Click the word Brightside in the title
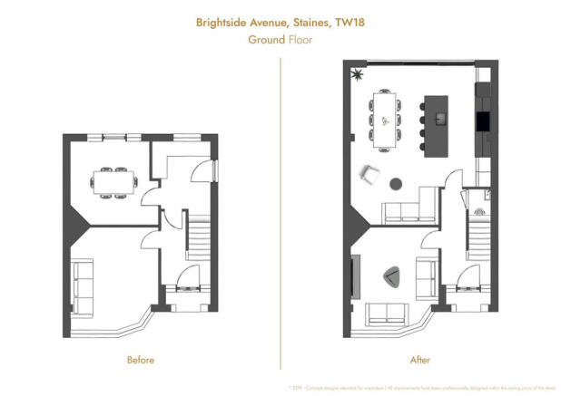point(225,22)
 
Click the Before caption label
point(140,360)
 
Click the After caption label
point(420,360)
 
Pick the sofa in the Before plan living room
point(83,286)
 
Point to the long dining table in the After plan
point(386,119)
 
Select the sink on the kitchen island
point(441,118)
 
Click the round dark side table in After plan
point(396,183)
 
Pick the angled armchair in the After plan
point(369,174)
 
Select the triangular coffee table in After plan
point(394,277)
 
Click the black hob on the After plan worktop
point(482,121)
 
